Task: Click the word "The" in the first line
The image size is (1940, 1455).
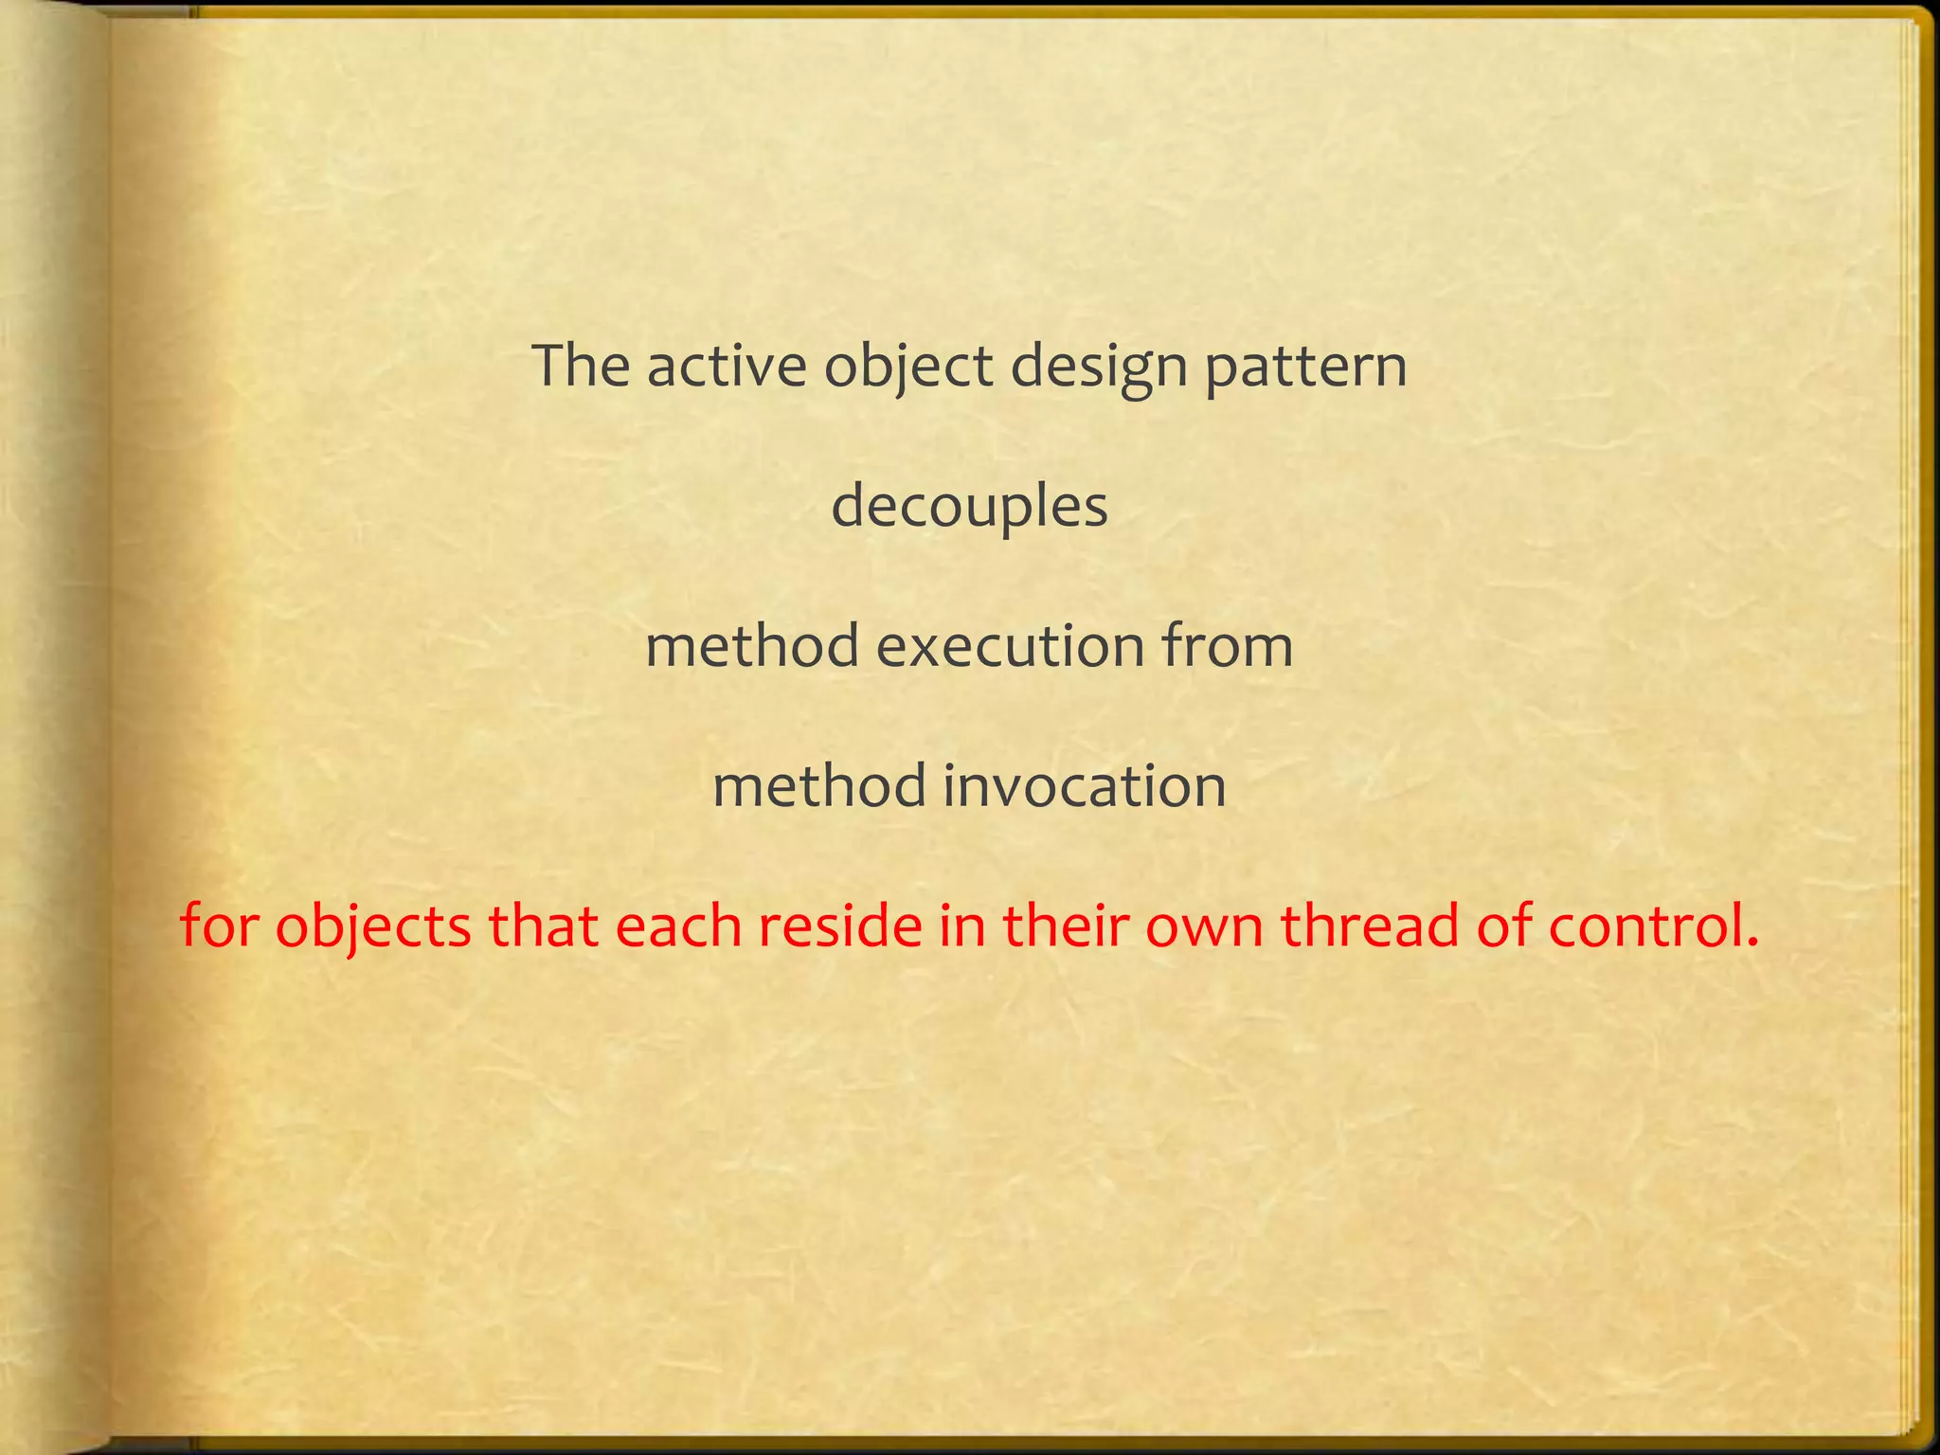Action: click(x=581, y=366)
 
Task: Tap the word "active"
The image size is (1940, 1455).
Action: click(x=726, y=366)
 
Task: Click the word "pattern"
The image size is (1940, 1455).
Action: click(x=1305, y=368)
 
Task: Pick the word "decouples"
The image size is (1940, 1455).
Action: click(x=969, y=508)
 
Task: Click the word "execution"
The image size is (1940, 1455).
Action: click(x=1010, y=646)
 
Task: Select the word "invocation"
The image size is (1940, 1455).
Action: click(x=1085, y=786)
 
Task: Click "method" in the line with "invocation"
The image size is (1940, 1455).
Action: click(x=820, y=786)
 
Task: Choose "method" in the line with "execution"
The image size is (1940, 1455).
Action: click(x=753, y=646)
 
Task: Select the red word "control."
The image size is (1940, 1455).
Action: click(x=1654, y=925)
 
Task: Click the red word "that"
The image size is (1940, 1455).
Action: click(x=543, y=925)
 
